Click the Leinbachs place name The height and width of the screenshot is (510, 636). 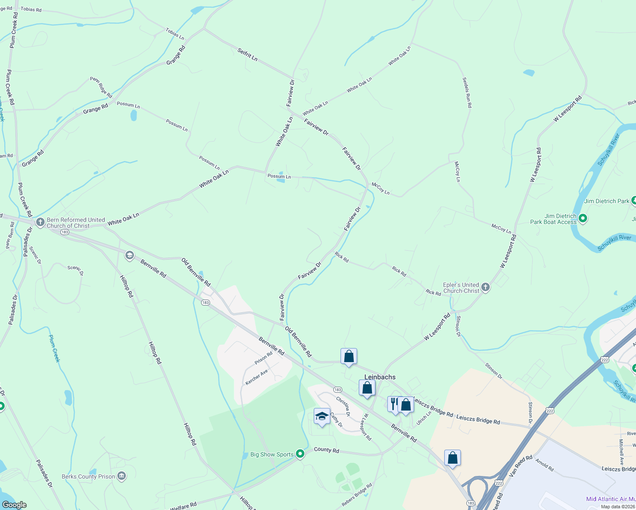pyautogui.click(x=380, y=377)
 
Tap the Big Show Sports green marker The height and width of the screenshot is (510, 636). pyautogui.click(x=300, y=454)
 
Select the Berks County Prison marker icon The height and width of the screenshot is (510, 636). pyautogui.click(x=122, y=476)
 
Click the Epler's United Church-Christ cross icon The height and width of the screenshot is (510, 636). pyautogui.click(x=485, y=287)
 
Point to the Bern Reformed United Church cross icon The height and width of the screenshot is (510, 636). pyautogui.click(x=40, y=222)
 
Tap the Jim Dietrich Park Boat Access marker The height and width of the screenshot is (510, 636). pyautogui.click(x=583, y=218)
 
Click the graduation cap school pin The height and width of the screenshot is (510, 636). pyautogui.click(x=322, y=416)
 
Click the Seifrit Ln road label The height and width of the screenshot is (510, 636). pyautogui.click(x=247, y=54)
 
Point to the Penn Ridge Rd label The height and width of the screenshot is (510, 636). pyautogui.click(x=101, y=87)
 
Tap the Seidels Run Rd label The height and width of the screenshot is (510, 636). pyautogui.click(x=467, y=92)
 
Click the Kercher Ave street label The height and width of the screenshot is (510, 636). pyautogui.click(x=256, y=377)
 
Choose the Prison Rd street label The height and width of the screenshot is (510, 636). pyautogui.click(x=264, y=358)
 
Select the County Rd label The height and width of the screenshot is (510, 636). pyautogui.click(x=327, y=450)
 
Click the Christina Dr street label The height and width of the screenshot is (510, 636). pyautogui.click(x=343, y=406)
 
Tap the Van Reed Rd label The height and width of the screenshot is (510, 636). pyautogui.click(x=520, y=465)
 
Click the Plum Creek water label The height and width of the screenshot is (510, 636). pyautogui.click(x=54, y=348)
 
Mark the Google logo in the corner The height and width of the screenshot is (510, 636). pyautogui.click(x=14, y=505)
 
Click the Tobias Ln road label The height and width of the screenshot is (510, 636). pyautogui.click(x=175, y=34)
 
